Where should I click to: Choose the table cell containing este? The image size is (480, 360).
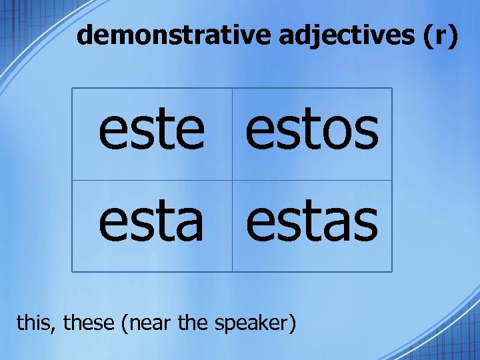coord(152,134)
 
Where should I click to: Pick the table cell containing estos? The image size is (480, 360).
coord(312,134)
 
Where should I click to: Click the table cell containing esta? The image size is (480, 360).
coord(152,225)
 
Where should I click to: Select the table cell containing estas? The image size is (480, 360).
coord(312,225)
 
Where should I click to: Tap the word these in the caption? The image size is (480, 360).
coord(89,323)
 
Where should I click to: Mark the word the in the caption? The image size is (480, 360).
coord(194,323)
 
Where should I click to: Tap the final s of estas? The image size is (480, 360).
coord(366,225)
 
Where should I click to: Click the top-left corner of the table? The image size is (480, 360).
coord(72,89)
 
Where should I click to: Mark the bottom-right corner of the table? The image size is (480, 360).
coord(392,271)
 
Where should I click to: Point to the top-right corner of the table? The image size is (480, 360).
coord(392,89)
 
